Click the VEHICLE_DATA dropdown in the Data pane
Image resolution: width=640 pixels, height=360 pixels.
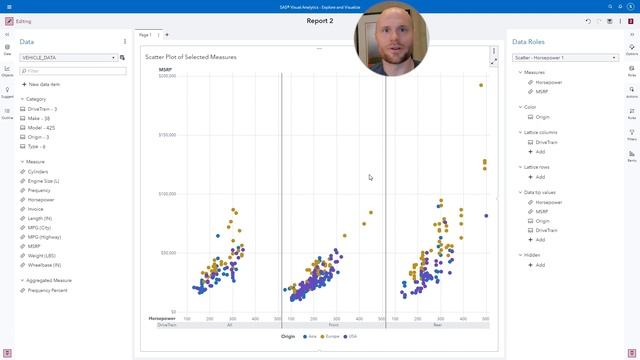68,58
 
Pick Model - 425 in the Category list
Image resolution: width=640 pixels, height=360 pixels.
43,128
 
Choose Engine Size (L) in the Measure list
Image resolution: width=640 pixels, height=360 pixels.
44,181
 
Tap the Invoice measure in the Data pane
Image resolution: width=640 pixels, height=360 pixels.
37,209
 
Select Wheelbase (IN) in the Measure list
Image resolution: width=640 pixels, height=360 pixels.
44,265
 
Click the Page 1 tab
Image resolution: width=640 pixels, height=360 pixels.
145,35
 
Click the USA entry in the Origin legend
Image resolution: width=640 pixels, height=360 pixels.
349,337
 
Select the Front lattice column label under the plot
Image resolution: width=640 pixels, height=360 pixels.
333,325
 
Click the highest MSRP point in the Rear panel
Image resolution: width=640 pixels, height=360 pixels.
481,85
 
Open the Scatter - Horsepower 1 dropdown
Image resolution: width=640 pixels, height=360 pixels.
565,58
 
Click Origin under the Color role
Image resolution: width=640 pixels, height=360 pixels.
542,117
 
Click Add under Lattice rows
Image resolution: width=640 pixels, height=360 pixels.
541,177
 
